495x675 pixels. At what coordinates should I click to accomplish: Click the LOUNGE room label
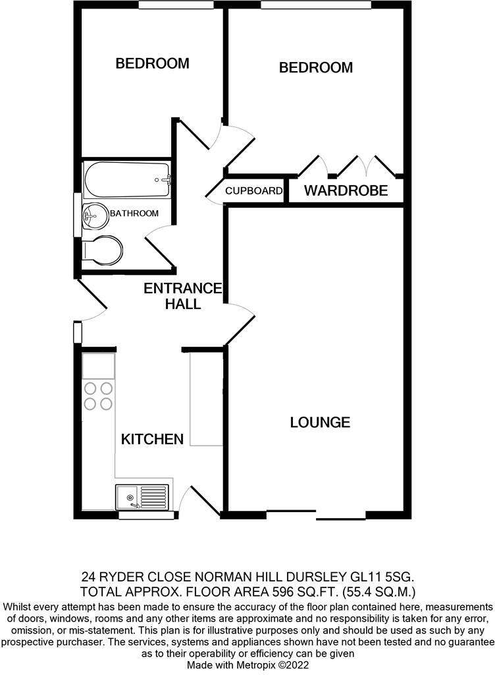tap(320, 423)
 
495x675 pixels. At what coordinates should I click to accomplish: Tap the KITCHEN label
tap(151, 439)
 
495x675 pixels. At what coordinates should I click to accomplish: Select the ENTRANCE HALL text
tap(183, 296)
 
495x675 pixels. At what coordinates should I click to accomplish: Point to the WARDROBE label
tap(345, 192)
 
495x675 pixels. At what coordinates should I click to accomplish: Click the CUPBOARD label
tap(254, 191)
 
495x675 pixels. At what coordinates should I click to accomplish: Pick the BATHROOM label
tap(134, 214)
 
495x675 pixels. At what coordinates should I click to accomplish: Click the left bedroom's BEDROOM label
tap(152, 64)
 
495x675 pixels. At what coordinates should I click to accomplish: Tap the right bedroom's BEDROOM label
tap(315, 67)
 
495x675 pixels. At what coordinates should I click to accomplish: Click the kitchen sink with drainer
tap(142, 496)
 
